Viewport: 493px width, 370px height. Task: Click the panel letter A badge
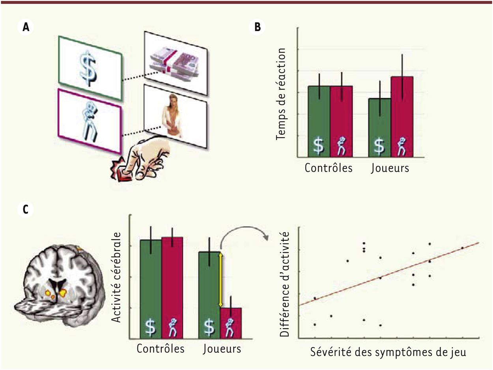[x=26, y=27]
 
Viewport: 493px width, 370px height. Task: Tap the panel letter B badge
[x=258, y=27]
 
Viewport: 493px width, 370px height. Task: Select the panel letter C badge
[x=26, y=210]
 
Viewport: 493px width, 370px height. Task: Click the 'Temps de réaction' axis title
[x=280, y=94]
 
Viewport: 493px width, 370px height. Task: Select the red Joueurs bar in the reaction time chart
[x=402, y=117]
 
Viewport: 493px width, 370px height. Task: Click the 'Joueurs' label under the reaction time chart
[x=390, y=168]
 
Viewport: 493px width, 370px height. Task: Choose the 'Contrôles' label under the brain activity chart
[x=161, y=348]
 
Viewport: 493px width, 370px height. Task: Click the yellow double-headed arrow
[x=220, y=280]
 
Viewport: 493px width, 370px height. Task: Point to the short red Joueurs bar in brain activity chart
[x=231, y=323]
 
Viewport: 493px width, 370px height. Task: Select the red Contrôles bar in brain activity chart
[x=172, y=288]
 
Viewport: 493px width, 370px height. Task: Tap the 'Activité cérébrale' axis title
[x=116, y=277]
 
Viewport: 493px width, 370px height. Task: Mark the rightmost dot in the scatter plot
[x=462, y=248]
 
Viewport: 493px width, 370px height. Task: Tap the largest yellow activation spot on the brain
[x=63, y=292]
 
